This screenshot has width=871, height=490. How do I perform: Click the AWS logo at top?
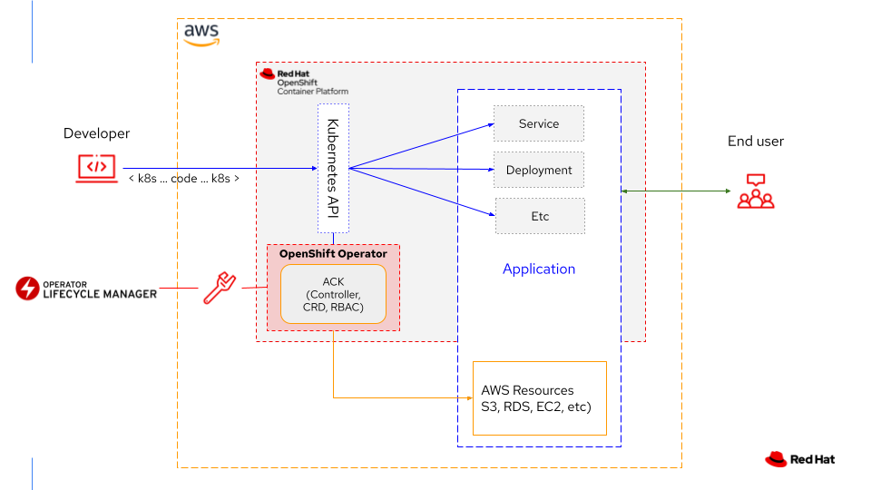[201, 34]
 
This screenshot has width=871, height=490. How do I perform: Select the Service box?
[539, 123]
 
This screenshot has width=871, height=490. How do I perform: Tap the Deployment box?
[539, 170]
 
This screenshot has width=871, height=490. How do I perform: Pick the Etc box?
[540, 216]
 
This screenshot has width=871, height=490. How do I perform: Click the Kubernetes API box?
[333, 168]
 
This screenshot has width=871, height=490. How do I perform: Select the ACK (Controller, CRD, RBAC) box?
[333, 294]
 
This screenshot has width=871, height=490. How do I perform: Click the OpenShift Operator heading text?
[333, 254]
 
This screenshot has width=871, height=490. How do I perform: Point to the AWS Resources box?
[539, 397]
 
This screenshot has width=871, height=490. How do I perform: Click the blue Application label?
[539, 269]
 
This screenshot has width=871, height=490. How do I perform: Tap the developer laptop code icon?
[96, 167]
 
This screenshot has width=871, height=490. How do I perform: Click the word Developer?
[96, 133]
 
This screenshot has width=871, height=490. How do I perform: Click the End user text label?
[756, 141]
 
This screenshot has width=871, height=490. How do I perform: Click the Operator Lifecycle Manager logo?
[86, 289]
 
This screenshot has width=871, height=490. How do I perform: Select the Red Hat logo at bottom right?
[799, 459]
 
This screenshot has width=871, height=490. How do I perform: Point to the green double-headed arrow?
[676, 191]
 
